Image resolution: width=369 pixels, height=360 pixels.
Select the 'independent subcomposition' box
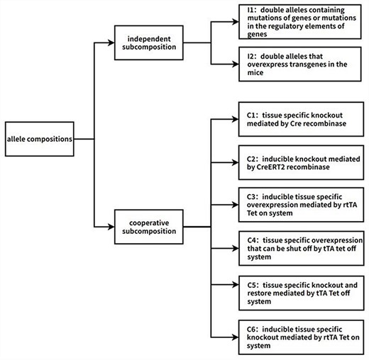[153, 42]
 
